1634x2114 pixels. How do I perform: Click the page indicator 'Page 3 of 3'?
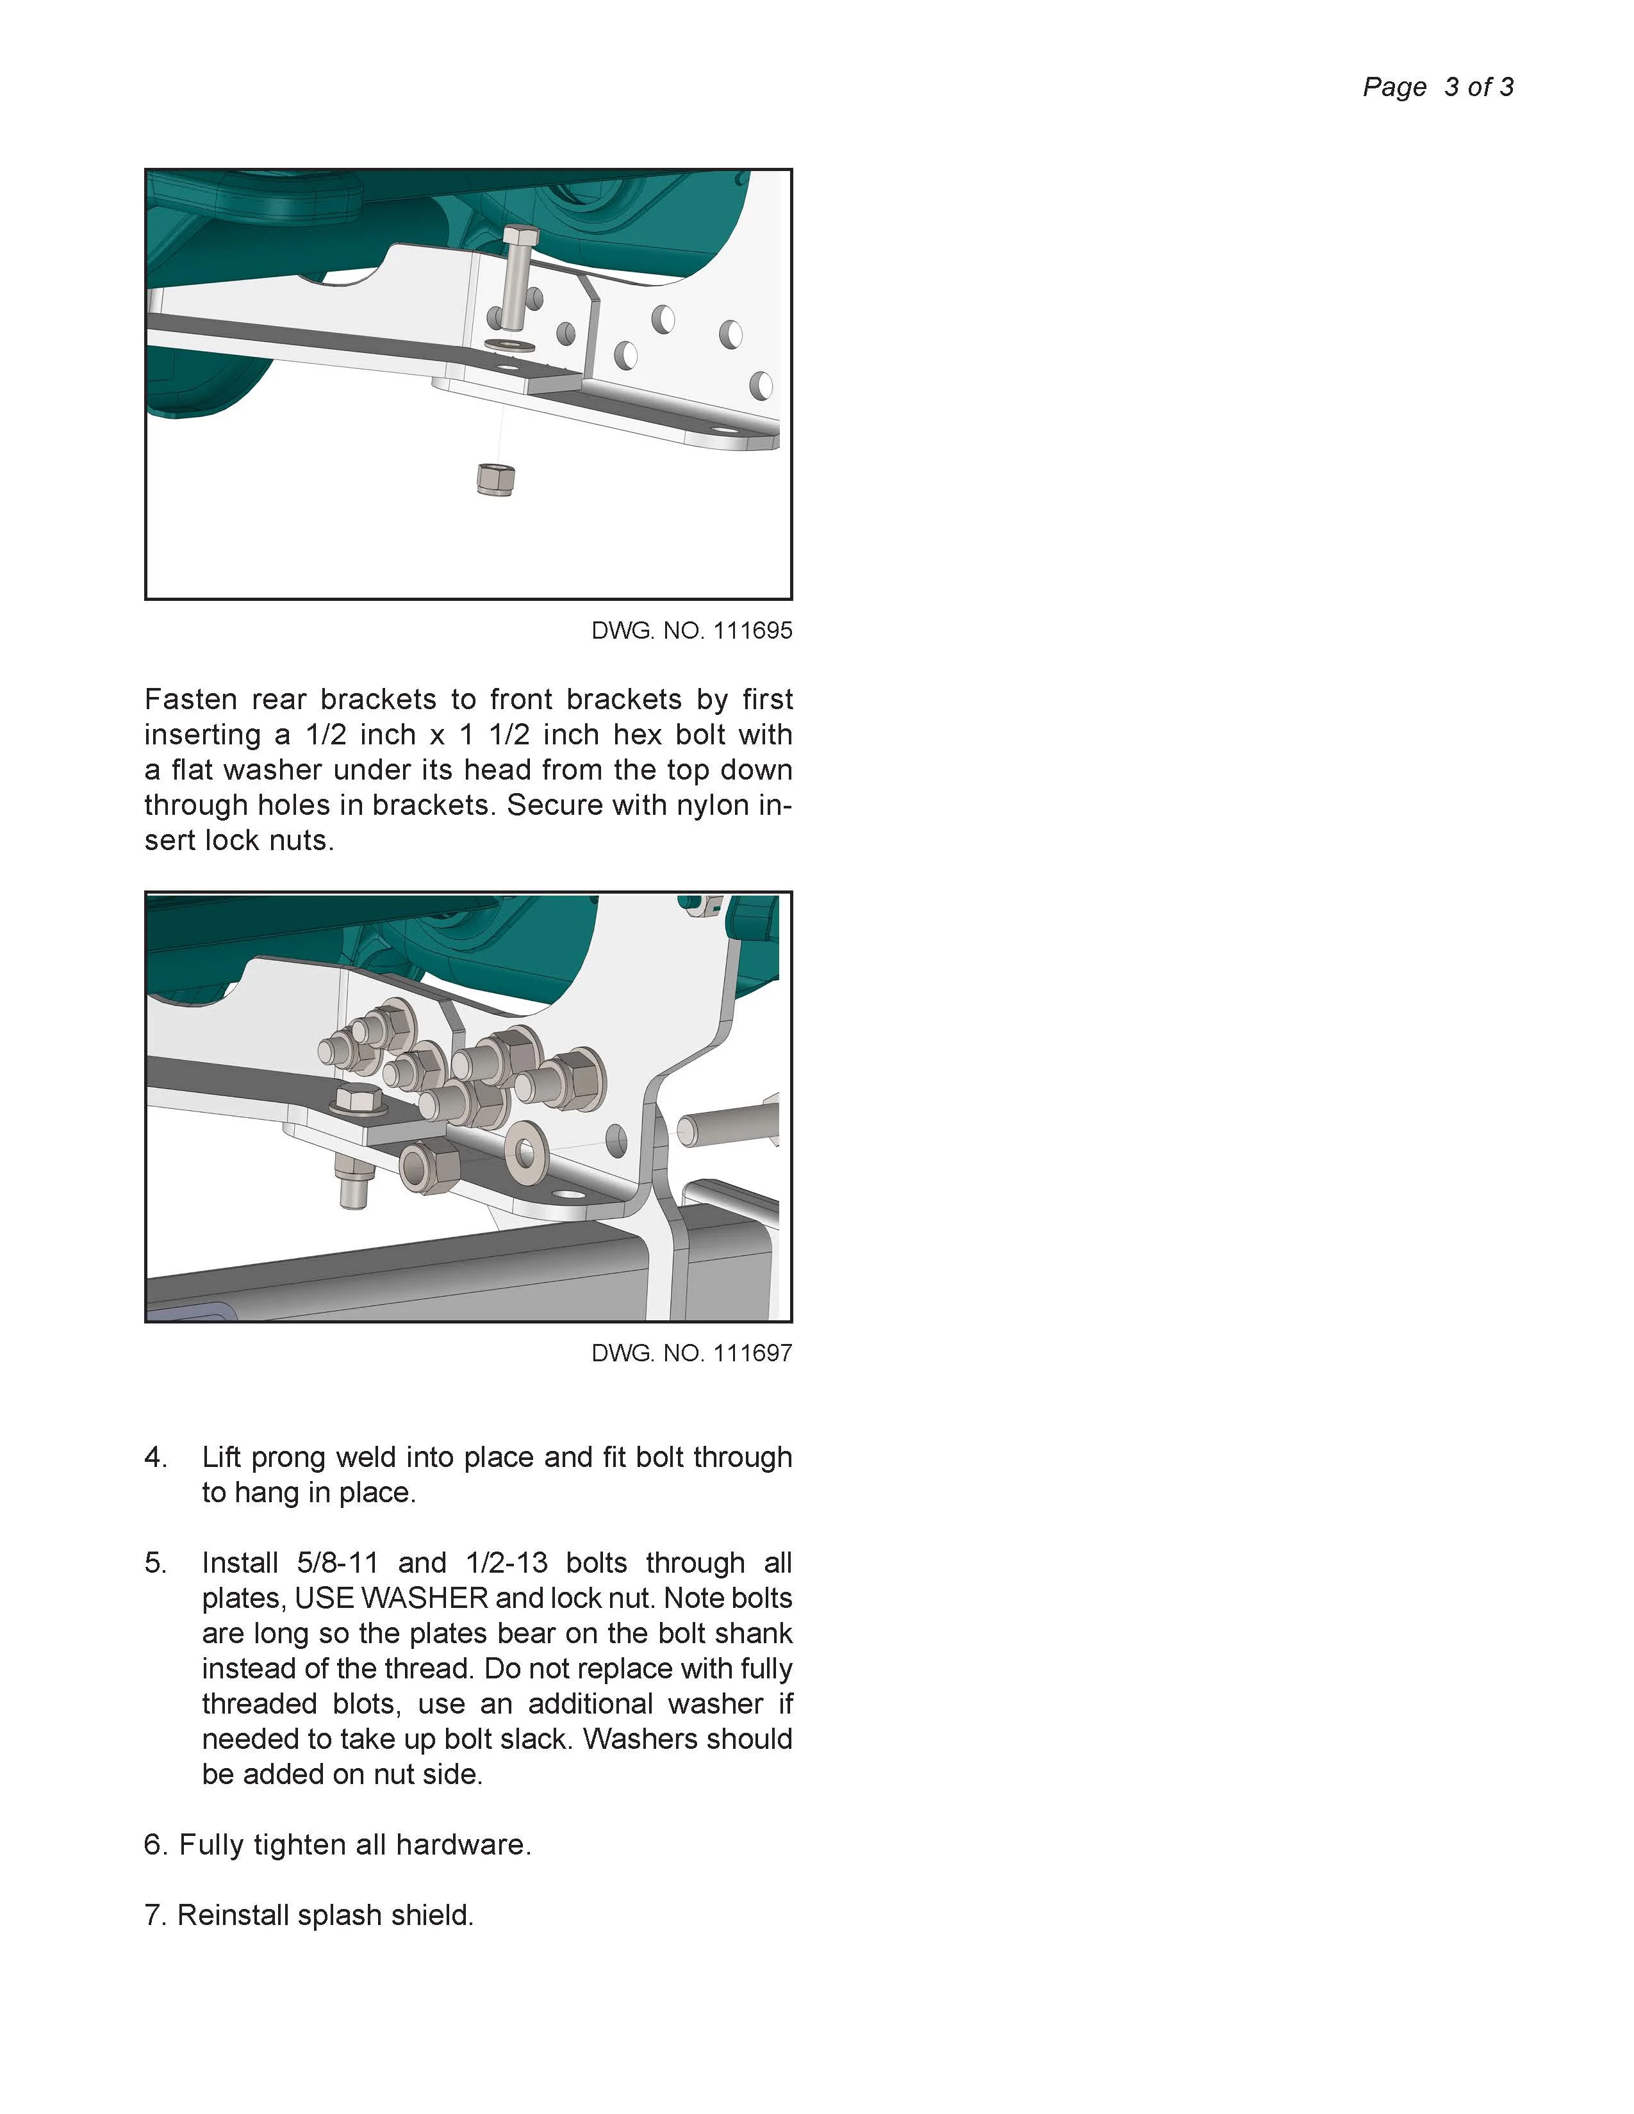1437,87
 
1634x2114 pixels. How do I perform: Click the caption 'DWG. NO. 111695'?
691,631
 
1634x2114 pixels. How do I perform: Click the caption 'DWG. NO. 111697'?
691,1353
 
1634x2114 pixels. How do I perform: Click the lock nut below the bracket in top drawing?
495,478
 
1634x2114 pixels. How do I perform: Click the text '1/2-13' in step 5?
506,1563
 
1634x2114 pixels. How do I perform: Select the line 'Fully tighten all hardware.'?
354,1845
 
